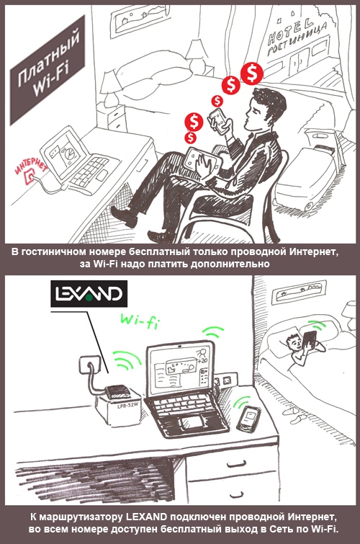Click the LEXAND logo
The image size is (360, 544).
89,293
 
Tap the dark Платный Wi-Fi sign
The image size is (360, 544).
48,72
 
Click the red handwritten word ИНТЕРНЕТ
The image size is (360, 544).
31,166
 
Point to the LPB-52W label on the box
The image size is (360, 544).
127,406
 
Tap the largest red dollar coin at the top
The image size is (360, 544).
252,73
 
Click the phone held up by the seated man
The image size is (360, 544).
217,120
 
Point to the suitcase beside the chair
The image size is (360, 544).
308,177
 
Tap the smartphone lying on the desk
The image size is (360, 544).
249,419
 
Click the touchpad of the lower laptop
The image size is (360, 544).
194,423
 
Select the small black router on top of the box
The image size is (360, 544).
117,392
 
